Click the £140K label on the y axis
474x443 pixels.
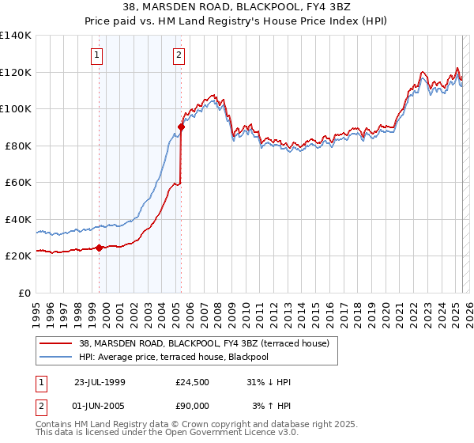pos(16,36)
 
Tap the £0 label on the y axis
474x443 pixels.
pos(25,293)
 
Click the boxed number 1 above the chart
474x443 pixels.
pos(96,55)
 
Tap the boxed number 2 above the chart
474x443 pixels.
pos(179,55)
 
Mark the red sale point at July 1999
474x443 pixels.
pos(100,248)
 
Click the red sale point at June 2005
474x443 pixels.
pos(181,127)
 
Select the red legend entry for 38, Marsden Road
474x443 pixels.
pos(209,343)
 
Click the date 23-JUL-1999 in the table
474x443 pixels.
pos(100,383)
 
